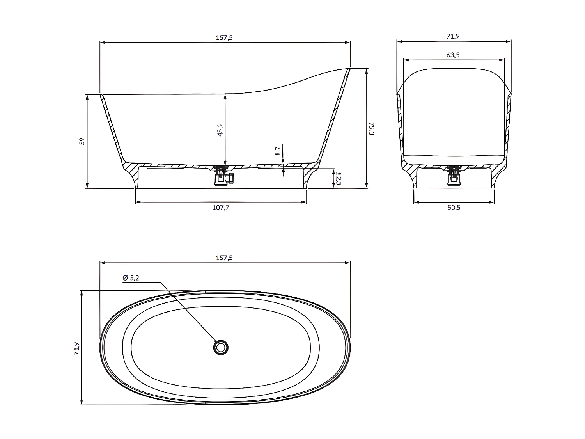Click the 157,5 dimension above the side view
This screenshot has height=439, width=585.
[x=224, y=38]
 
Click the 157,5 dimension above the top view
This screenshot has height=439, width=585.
[x=224, y=258]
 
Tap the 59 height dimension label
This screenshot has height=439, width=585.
[x=82, y=141]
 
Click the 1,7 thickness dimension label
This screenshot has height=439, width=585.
[x=278, y=151]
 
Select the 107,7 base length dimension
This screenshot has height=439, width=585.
[x=221, y=208]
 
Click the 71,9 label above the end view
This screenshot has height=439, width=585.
[x=453, y=36]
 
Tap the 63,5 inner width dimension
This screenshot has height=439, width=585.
[x=453, y=55]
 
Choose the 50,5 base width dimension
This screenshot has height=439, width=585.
[x=454, y=208]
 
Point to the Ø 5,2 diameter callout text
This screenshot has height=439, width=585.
[x=131, y=278]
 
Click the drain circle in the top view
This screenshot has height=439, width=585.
[x=221, y=347]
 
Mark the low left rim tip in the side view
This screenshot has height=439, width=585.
[x=101, y=95]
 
